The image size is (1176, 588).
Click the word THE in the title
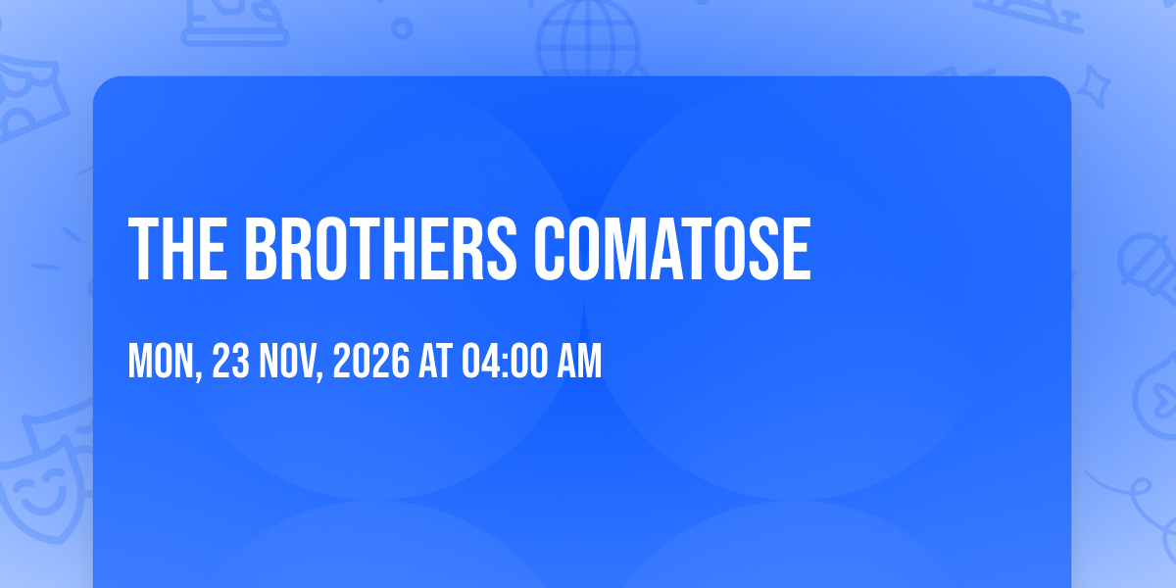tap(178, 249)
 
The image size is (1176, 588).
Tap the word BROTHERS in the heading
tap(380, 249)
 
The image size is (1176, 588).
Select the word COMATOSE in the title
tap(672, 249)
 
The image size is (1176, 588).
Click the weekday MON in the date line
tap(161, 361)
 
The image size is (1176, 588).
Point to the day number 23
tap(231, 361)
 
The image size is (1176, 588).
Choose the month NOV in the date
tap(288, 361)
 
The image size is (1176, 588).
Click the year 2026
tap(371, 361)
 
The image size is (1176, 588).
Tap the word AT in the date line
tap(435, 361)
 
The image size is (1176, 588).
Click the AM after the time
tap(579, 361)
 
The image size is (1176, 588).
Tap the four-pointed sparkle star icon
tap(1093, 86)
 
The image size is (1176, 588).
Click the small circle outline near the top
tap(402, 28)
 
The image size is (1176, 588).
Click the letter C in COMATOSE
tap(550, 249)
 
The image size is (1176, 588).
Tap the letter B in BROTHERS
tap(261, 249)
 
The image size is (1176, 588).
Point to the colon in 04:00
tap(504, 364)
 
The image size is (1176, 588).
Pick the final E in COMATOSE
tap(798, 249)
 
